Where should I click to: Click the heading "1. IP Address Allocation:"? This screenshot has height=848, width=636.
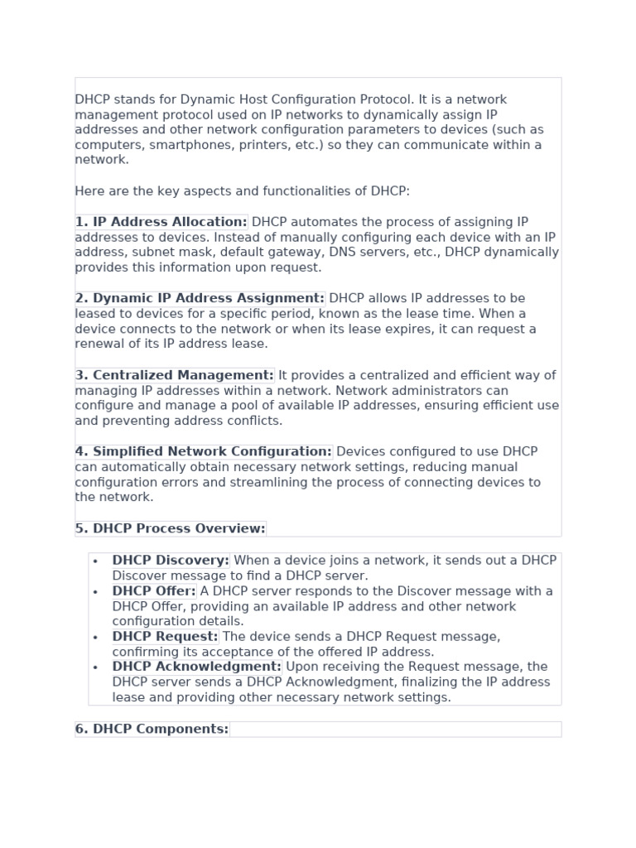(x=161, y=222)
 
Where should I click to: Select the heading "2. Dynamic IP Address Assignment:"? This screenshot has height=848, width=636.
(x=200, y=298)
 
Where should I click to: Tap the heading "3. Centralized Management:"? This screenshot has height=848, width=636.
(x=175, y=375)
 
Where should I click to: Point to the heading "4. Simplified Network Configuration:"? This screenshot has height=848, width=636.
(x=204, y=451)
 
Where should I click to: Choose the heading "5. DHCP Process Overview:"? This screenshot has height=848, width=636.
(x=171, y=528)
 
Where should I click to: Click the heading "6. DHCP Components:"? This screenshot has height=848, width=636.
(x=152, y=729)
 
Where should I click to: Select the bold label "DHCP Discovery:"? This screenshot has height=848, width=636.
(x=171, y=561)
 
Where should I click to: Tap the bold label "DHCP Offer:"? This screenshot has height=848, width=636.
(x=154, y=591)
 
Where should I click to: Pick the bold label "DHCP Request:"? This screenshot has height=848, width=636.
(x=166, y=637)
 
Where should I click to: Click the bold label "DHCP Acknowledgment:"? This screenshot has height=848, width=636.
(x=197, y=667)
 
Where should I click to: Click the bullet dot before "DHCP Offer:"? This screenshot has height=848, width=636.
(x=96, y=592)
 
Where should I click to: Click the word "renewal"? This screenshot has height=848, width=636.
(x=99, y=344)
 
